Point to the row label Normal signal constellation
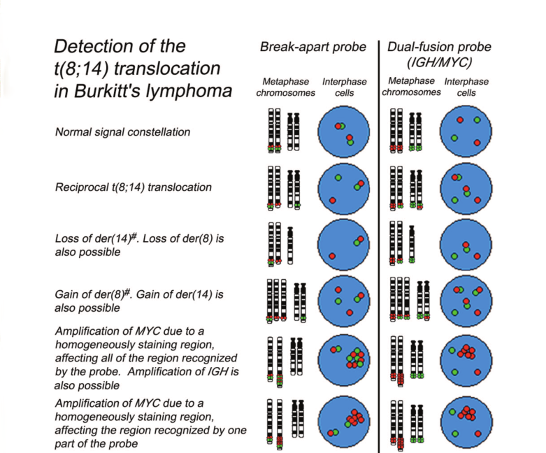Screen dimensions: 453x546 (x=123, y=131)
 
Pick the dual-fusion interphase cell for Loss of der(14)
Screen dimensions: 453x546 (x=466, y=245)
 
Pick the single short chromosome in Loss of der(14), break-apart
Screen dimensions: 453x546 (x=290, y=242)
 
